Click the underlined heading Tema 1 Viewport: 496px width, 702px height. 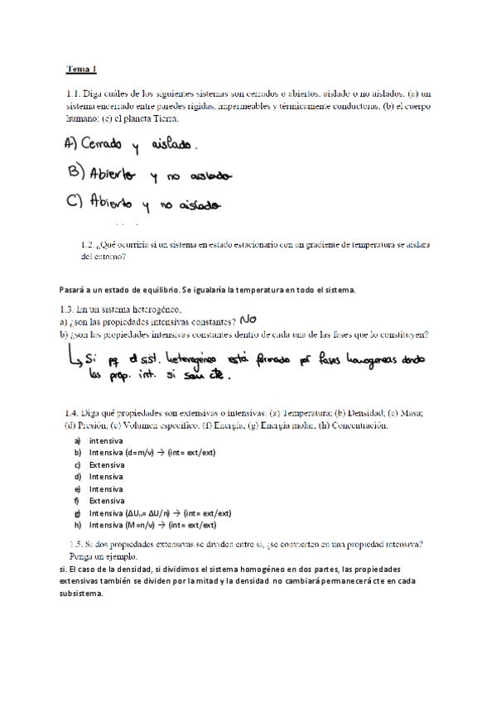point(82,70)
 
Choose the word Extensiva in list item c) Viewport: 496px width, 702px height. point(106,465)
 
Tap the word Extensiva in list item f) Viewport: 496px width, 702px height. point(106,501)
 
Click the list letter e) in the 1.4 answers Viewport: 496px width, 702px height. point(77,489)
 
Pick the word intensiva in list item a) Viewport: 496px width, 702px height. point(105,441)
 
